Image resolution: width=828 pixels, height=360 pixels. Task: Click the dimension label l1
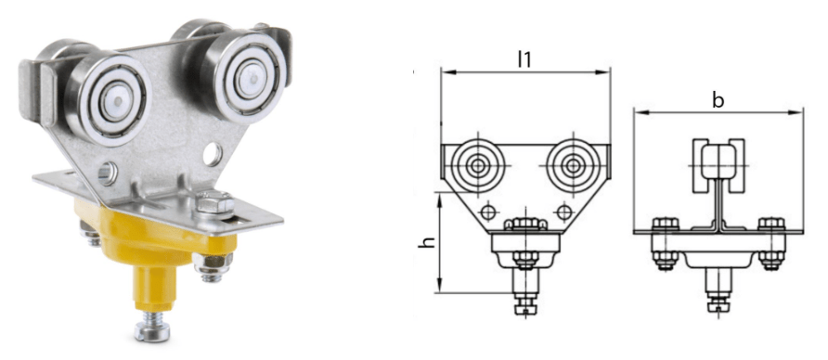pyautogui.click(x=524, y=59)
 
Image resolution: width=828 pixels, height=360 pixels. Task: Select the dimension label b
pyautogui.click(x=718, y=100)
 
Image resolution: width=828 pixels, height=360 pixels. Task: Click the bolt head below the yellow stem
pyautogui.click(x=154, y=327)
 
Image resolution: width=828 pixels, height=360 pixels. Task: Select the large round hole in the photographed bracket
pyautogui.click(x=213, y=151)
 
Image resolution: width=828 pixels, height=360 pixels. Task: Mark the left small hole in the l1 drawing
pyautogui.click(x=488, y=211)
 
